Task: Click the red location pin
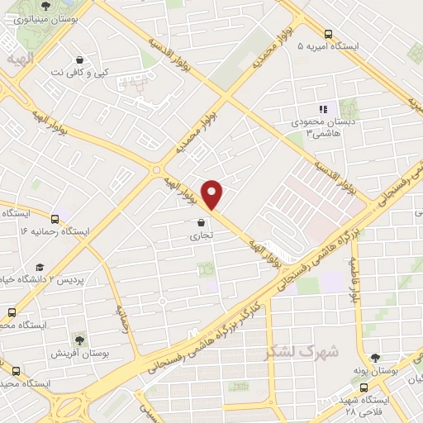point(212,195)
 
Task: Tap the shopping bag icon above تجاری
point(202,221)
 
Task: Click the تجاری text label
point(202,235)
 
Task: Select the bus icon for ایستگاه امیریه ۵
point(329,35)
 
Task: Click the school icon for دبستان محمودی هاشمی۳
point(324,108)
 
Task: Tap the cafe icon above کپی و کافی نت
point(79,59)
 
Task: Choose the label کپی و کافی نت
point(79,73)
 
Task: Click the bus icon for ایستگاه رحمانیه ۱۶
point(55,219)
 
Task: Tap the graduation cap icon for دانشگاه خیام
point(39,267)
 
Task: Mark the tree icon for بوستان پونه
point(375,359)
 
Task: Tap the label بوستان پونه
point(387,372)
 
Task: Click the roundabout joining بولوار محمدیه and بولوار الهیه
point(157,169)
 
